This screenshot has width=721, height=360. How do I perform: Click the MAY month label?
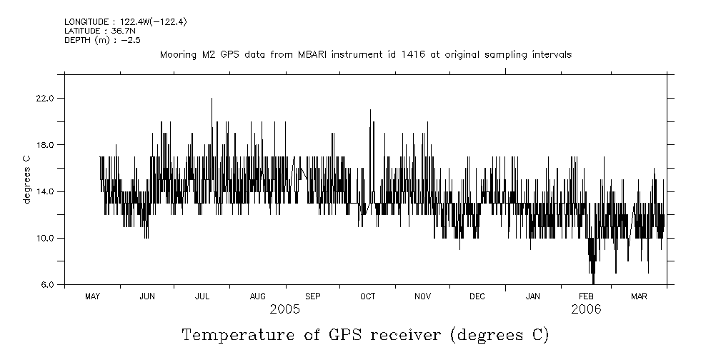[92, 296]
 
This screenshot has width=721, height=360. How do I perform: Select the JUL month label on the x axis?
[202, 296]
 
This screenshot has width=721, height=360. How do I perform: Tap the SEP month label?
[313, 296]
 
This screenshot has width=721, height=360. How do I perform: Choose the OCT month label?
[367, 296]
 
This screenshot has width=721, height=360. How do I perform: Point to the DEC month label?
[477, 296]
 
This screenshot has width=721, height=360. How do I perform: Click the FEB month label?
[586, 296]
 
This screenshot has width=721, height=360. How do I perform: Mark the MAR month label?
[640, 296]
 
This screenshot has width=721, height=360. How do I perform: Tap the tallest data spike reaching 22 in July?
[212, 100]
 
